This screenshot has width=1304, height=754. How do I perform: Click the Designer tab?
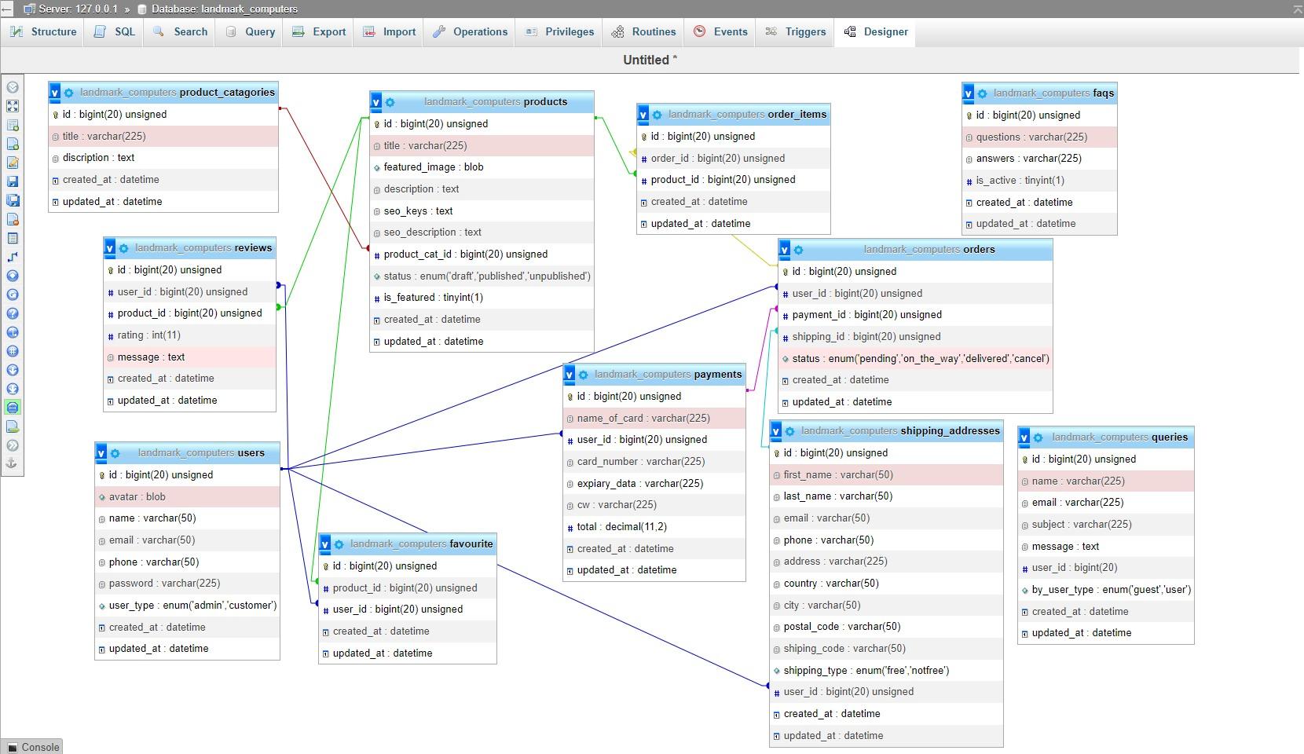pos(875,31)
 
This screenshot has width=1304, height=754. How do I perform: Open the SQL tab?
pos(115,31)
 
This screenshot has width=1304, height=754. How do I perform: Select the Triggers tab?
pos(795,31)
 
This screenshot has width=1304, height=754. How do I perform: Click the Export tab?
pos(318,31)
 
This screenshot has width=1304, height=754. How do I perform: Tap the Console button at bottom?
pos(32,747)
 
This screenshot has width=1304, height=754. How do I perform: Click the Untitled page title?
pos(650,60)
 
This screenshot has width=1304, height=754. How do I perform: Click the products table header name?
pos(545,102)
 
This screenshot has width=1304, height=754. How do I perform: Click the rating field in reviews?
pos(148,335)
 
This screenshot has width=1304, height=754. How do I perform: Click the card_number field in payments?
pos(640,462)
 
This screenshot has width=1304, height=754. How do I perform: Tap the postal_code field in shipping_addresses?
pos(841,627)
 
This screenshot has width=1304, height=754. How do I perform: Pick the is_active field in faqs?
pos(1020,181)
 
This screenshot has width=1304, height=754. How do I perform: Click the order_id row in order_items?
pos(717,159)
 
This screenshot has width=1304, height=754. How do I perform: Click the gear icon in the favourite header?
pos(339,544)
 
